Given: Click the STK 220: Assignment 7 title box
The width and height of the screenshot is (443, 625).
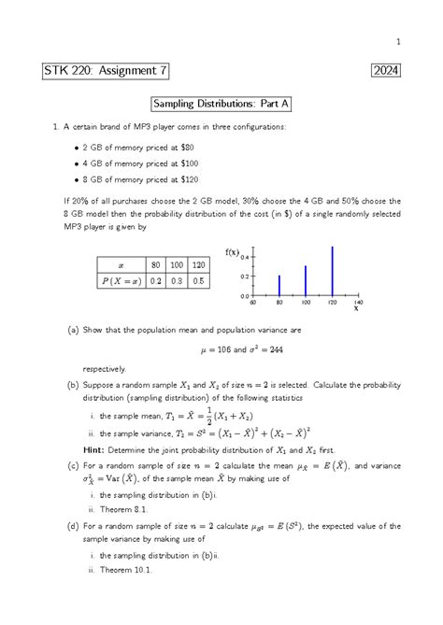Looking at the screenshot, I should click(x=106, y=72).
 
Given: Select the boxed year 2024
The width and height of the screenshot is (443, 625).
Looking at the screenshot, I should click(x=387, y=72).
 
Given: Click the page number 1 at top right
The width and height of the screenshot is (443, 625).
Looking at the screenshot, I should click(x=398, y=41).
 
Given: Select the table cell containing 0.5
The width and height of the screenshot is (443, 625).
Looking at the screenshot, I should click(x=198, y=280).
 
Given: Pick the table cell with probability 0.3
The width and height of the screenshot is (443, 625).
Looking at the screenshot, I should click(x=175, y=280).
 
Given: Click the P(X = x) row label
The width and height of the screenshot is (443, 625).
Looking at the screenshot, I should click(x=119, y=280).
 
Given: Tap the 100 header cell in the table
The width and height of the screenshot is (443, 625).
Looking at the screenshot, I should click(x=175, y=264).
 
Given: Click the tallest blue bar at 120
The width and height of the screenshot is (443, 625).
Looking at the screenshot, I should click(x=332, y=271).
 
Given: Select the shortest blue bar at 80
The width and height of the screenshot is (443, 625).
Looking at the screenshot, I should click(x=279, y=285).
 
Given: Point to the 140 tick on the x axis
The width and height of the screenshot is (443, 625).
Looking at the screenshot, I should click(x=358, y=303).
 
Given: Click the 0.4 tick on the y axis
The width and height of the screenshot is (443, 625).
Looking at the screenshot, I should click(x=245, y=258).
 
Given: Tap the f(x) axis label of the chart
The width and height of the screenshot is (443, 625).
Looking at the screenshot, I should click(x=233, y=251).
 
